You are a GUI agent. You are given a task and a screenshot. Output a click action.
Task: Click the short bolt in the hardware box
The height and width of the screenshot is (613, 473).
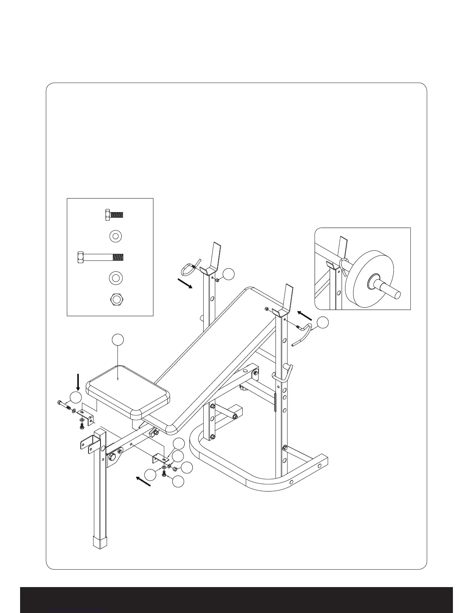[x=114, y=214]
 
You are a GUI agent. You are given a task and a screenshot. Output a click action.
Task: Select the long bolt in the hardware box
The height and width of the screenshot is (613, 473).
[x=101, y=257]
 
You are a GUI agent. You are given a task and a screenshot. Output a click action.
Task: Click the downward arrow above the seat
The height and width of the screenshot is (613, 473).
[x=78, y=382]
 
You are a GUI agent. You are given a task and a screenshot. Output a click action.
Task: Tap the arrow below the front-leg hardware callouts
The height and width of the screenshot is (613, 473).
[x=143, y=481]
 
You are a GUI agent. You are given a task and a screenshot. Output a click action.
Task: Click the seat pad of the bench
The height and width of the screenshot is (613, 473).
[x=128, y=391]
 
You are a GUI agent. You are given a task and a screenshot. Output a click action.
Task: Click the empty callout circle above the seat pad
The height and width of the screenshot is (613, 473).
[x=118, y=339]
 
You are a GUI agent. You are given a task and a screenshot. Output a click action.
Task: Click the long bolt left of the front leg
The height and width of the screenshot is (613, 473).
[x=64, y=405]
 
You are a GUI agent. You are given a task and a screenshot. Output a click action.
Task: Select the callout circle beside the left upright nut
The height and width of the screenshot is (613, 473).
[x=229, y=274]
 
